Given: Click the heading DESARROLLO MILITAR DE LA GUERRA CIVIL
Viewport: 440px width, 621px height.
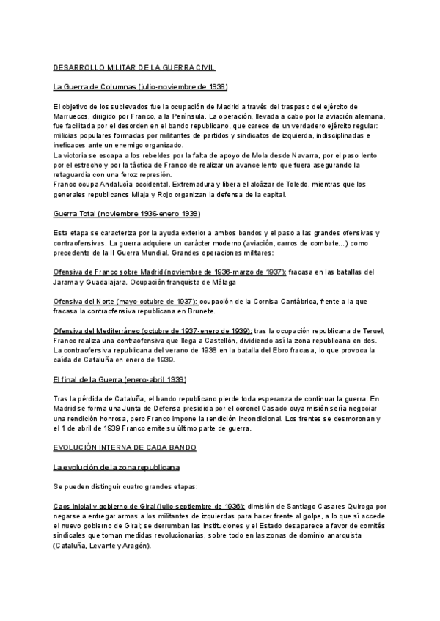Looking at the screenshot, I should coord(134,67).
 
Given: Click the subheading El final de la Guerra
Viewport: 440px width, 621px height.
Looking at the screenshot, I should coord(120,379).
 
